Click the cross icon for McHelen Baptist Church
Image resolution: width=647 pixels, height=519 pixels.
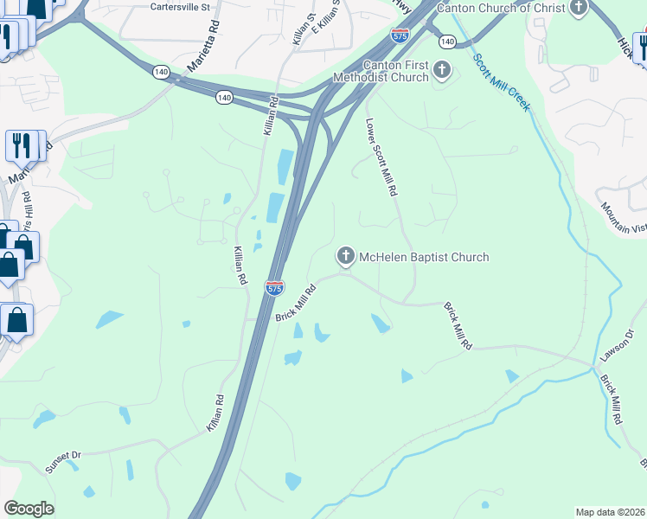[345, 256]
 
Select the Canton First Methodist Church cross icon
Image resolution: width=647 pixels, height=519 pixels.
[442, 70]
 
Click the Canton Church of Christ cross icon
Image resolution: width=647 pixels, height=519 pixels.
[579, 8]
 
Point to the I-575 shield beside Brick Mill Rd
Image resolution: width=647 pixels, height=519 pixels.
[274, 287]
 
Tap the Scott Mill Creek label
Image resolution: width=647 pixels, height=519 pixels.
[501, 82]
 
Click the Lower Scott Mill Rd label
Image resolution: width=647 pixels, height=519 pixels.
[381, 156]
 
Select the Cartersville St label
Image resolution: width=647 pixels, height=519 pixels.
[180, 7]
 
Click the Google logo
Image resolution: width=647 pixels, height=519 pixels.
[29, 509]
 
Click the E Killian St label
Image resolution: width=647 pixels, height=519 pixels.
[327, 17]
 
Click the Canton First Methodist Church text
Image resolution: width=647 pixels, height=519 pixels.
[395, 71]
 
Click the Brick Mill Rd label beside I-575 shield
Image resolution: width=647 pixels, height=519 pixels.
[293, 304]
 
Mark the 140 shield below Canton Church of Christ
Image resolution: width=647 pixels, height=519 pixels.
[446, 42]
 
